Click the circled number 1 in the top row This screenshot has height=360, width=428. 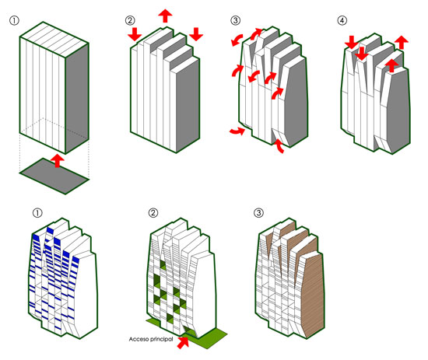(x=14, y=20)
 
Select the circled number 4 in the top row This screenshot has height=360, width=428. (x=342, y=20)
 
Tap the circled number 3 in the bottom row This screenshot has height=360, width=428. (x=258, y=213)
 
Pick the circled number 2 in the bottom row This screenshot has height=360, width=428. (x=153, y=213)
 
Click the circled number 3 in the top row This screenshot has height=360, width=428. (x=235, y=20)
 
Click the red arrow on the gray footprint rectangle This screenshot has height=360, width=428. (x=58, y=161)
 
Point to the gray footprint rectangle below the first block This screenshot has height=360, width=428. (x=54, y=176)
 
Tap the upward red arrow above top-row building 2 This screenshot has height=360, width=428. (x=165, y=16)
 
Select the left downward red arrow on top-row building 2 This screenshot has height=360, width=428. (x=135, y=34)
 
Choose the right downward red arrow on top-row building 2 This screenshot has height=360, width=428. (x=196, y=34)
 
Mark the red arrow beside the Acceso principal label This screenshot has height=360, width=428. (x=183, y=343)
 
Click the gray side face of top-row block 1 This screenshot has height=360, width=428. (x=77, y=98)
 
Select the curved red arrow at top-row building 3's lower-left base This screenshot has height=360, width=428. (x=237, y=131)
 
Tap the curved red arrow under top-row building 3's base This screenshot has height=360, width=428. (x=279, y=146)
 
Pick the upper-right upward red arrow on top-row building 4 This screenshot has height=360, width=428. (x=402, y=42)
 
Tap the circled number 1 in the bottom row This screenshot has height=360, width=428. (x=37, y=213)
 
